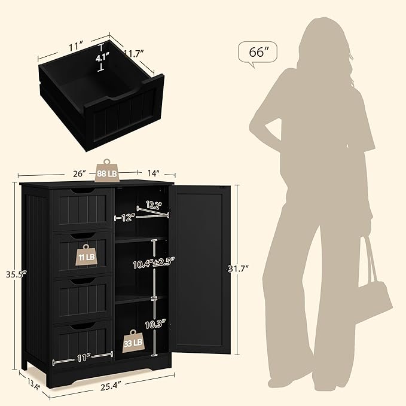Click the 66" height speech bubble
pos(257,53)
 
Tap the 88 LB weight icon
pos(106,172)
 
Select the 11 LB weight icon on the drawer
pos(87,255)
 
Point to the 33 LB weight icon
pos(133,341)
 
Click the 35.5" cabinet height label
pos(17,274)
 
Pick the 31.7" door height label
pos(238,268)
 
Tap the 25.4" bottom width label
pos(111,387)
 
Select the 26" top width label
pos(80,173)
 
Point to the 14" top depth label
pos(153,173)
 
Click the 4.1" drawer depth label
pos(102,58)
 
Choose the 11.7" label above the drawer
pos(134,53)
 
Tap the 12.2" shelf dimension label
pos(154,205)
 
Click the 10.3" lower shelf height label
pos(155,324)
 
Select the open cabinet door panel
pos(200,269)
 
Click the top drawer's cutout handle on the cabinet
pos(83,191)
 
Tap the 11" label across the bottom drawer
pos(83,358)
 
